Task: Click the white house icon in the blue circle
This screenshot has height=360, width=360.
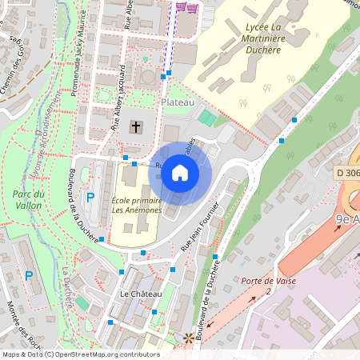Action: tap(180, 172)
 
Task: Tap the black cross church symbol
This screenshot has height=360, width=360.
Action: tap(136, 126)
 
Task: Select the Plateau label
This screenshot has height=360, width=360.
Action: tap(178, 103)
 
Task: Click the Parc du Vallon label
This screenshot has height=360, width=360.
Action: tap(28, 199)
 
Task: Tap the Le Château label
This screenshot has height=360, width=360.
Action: tap(140, 294)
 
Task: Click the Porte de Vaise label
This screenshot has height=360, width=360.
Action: tap(268, 282)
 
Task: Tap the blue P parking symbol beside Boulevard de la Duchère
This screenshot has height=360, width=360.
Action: tap(90, 197)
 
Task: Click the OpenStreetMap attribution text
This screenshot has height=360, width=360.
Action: tap(80, 354)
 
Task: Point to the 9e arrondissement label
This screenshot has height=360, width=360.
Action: tap(347, 218)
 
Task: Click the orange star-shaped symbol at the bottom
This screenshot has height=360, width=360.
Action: tap(189, 338)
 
